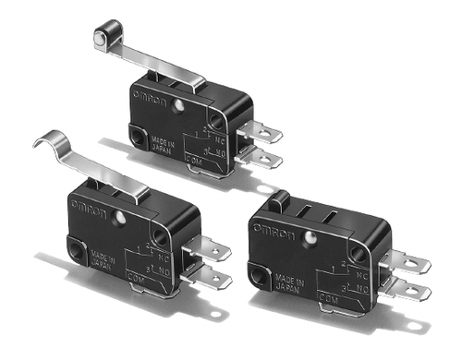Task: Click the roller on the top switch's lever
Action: pos(100,38)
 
